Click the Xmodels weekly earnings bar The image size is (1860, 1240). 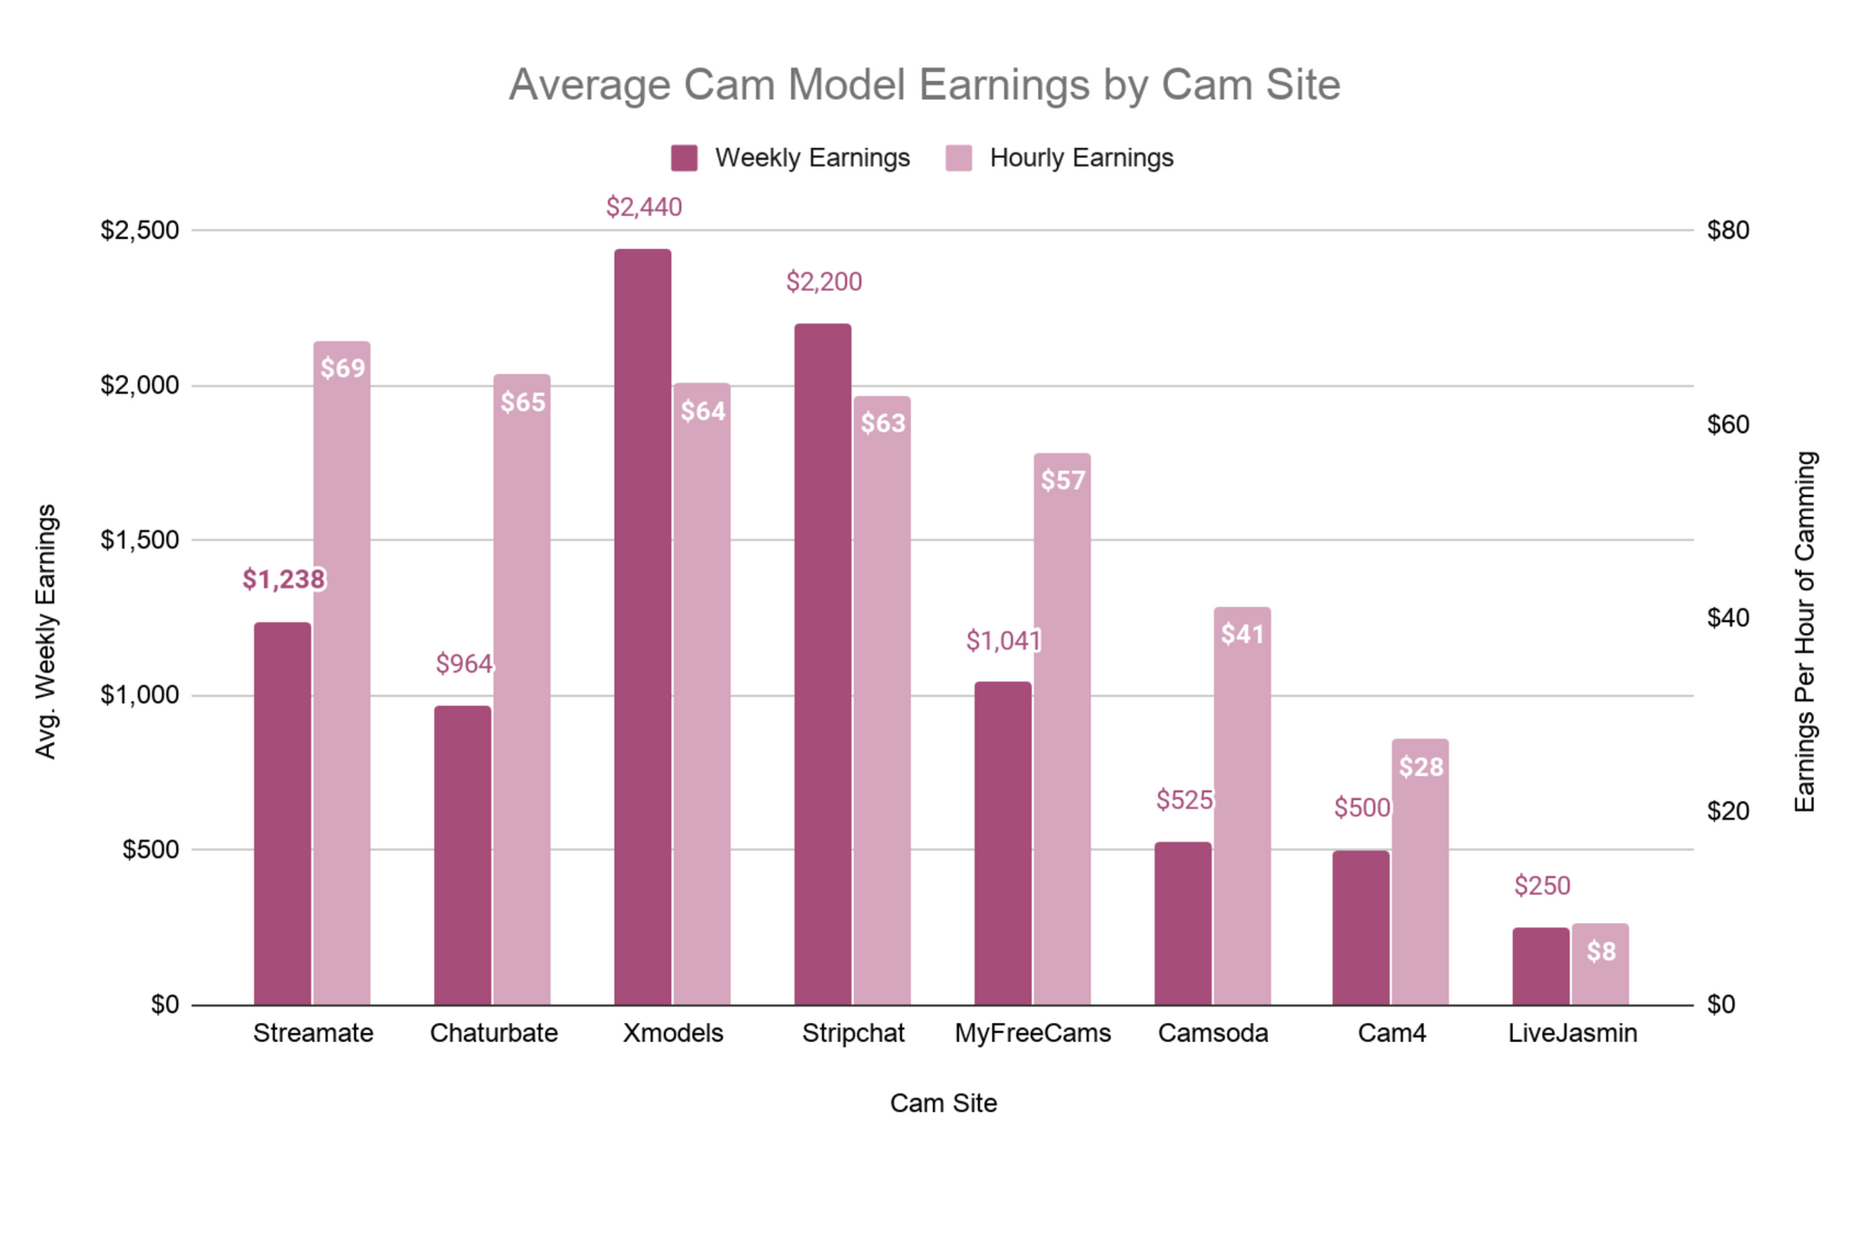[642, 627]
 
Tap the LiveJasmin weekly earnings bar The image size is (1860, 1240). [1540, 966]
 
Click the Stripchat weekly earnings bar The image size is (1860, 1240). [823, 663]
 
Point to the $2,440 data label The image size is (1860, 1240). [644, 208]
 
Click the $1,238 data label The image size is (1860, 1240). [283, 580]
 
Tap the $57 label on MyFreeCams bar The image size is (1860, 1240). [1063, 481]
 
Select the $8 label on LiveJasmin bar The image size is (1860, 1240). [1601, 951]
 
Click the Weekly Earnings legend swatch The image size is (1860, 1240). [684, 158]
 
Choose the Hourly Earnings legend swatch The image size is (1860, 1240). [958, 158]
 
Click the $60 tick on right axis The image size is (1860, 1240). [1727, 424]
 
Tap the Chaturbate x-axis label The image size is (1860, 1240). [493, 1033]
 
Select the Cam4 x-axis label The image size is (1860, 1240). [1391, 1033]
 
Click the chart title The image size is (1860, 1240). [924, 84]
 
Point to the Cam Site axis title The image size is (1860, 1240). [943, 1103]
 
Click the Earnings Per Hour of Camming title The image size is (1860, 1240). [1805, 631]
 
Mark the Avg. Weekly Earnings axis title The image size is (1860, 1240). [45, 631]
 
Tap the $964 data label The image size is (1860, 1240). [464, 664]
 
